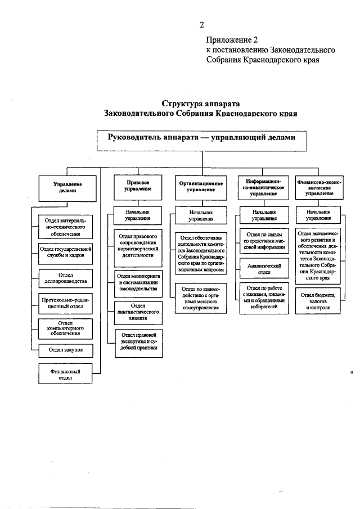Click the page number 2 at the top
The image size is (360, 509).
(201, 24)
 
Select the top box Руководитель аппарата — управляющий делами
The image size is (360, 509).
(201, 138)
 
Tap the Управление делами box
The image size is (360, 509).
(67, 187)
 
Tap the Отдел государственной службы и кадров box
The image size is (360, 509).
(66, 251)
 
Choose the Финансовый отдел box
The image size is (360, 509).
(66, 375)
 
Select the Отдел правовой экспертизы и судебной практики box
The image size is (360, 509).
(138, 344)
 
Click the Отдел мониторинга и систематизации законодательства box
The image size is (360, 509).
(138, 281)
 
